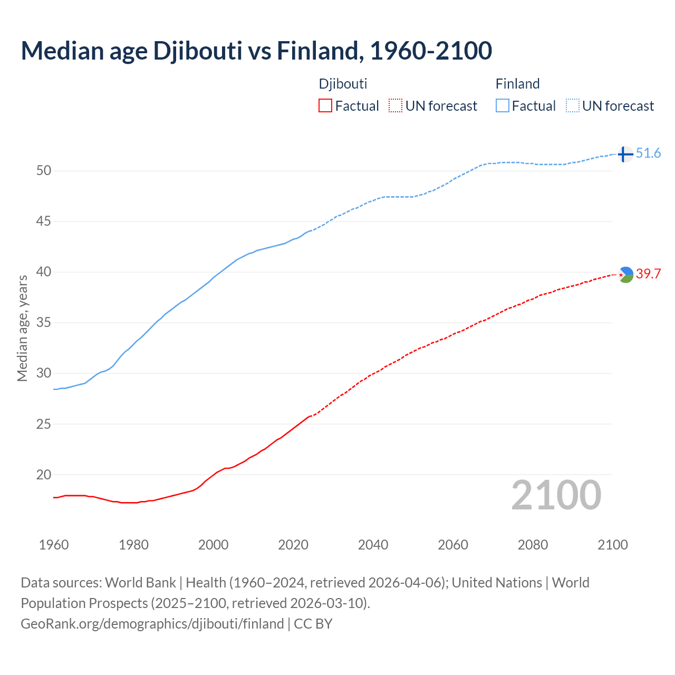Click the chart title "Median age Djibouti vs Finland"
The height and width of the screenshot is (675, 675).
pyautogui.click(x=256, y=51)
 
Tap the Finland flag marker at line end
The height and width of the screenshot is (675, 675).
pyautogui.click(x=625, y=154)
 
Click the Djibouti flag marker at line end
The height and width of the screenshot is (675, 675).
pyautogui.click(x=625, y=274)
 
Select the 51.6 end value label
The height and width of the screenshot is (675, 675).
pyautogui.click(x=648, y=153)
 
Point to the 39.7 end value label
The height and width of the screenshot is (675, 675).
pyautogui.click(x=648, y=274)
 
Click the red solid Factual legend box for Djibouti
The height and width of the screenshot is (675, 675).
pyautogui.click(x=325, y=106)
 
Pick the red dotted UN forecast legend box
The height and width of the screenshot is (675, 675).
pyautogui.click(x=396, y=106)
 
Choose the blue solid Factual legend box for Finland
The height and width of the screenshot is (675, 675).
pyautogui.click(x=503, y=106)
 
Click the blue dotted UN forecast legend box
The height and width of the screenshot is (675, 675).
pyautogui.click(x=573, y=106)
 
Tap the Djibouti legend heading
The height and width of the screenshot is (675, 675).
pyautogui.click(x=343, y=84)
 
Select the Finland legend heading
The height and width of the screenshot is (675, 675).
pyautogui.click(x=517, y=84)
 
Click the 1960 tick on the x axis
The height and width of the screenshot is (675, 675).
pyautogui.click(x=54, y=545)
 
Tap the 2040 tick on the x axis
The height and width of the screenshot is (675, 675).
pyautogui.click(x=373, y=545)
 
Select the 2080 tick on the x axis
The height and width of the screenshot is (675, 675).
pyautogui.click(x=533, y=545)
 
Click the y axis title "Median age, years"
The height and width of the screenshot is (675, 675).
pyautogui.click(x=22, y=328)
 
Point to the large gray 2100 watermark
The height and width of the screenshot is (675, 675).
pyautogui.click(x=556, y=495)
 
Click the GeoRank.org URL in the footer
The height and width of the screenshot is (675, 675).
pyautogui.click(x=152, y=624)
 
